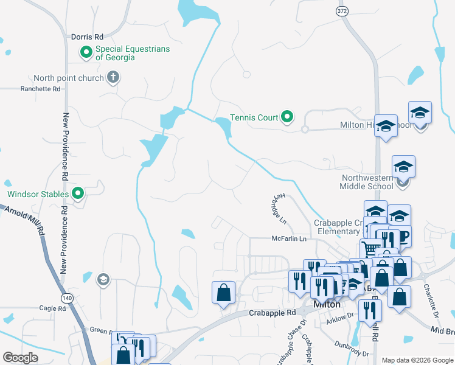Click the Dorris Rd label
(x=88, y=37)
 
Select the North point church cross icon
(x=113, y=77)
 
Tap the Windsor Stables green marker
(x=78, y=195)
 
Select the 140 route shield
(x=66, y=297)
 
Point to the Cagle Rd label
(x=52, y=308)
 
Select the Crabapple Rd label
(x=272, y=313)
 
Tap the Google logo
(x=20, y=358)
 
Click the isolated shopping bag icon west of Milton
(x=223, y=293)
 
